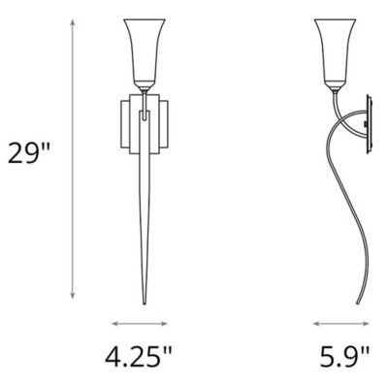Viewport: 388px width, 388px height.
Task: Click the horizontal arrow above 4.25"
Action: click(142, 324)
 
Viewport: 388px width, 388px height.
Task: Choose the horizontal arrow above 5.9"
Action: click(341, 324)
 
